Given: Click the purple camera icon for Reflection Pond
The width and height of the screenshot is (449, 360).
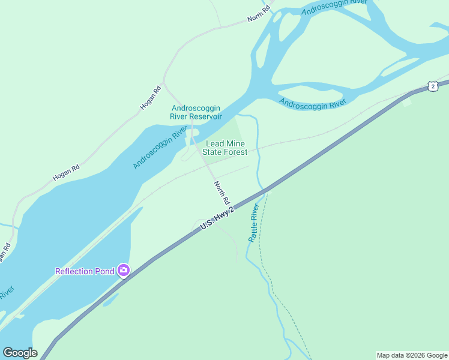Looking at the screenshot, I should point(124,271).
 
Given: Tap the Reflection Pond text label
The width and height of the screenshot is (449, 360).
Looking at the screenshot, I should point(85,271).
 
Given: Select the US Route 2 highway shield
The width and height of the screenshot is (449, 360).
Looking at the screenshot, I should point(433,86).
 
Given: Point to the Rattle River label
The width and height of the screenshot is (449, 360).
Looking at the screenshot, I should point(254,223).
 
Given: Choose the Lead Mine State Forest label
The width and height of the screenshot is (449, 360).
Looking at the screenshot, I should point(225,148).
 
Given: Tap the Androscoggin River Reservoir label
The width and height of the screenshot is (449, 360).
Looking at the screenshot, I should point(196,112).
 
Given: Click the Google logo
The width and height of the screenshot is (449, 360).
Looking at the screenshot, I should point(20,353).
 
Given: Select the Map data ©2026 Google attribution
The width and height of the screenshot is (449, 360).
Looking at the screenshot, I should point(412,355).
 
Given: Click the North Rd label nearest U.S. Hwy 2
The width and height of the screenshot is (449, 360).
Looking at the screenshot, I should point(221,192).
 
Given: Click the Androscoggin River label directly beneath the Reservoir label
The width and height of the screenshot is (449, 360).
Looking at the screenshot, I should point(160,148).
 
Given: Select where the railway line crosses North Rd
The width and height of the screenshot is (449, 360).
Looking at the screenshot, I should point(209,170).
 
